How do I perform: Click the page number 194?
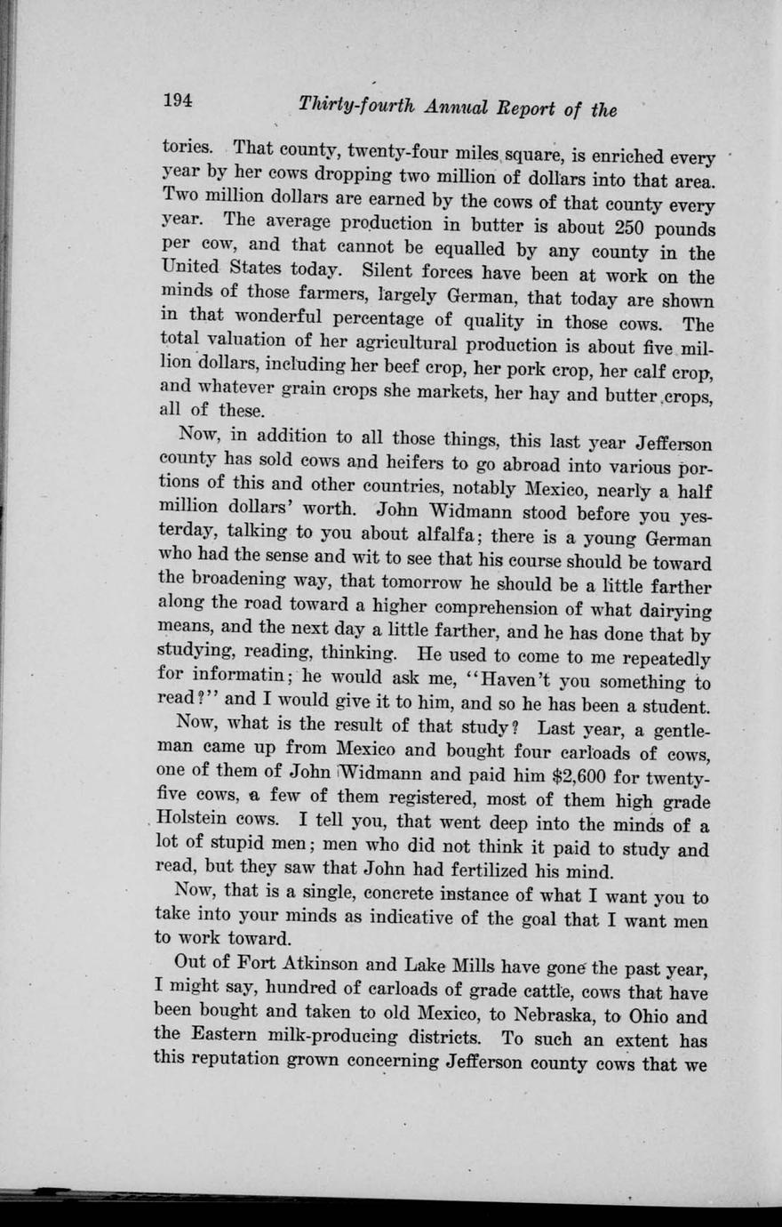(178, 101)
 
